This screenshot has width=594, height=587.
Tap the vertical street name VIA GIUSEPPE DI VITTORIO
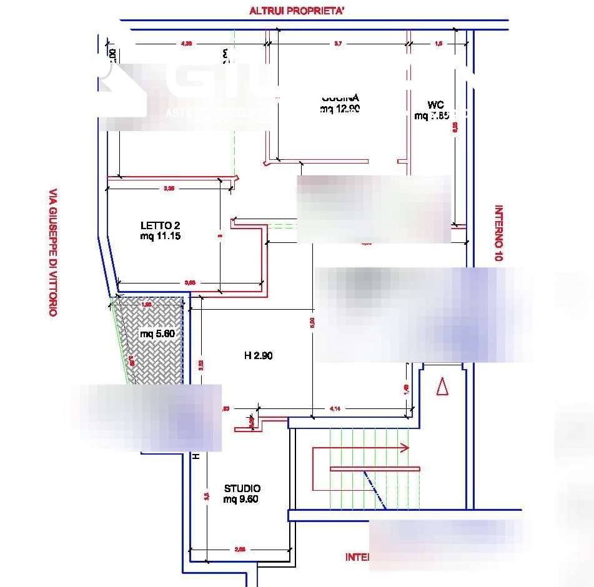(53, 253)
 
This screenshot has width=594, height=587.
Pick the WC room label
(436, 104)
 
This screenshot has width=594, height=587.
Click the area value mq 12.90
(340, 109)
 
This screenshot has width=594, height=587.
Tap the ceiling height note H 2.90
(258, 356)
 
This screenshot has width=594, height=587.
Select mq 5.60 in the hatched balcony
(157, 333)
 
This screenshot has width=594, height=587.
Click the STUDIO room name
(242, 488)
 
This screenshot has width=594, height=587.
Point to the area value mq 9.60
(240, 499)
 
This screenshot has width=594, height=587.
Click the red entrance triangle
(443, 387)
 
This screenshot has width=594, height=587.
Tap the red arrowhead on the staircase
(404, 448)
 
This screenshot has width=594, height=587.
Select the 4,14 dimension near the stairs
(335, 408)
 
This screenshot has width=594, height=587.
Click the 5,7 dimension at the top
(338, 44)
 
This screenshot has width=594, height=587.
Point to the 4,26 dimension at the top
(186, 44)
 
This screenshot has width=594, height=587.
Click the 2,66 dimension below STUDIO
(240, 550)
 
